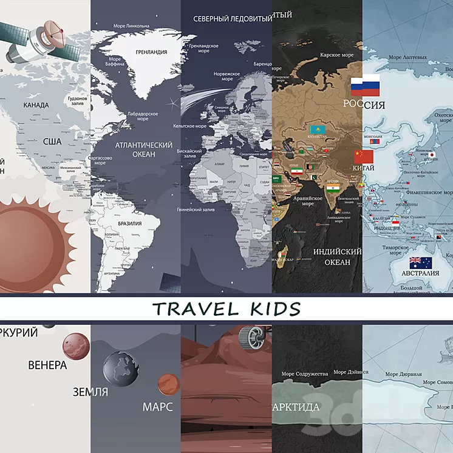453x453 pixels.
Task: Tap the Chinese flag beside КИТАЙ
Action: [364, 157]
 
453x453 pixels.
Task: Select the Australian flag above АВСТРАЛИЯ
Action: [420, 262]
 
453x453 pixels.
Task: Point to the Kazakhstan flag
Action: [317, 130]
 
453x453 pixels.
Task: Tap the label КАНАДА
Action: [36, 105]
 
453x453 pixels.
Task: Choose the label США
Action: [52, 141]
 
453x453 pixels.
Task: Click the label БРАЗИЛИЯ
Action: [130, 223]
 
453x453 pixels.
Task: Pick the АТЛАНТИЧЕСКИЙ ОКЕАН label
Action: [135, 149]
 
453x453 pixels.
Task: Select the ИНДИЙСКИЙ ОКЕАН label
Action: [338, 256]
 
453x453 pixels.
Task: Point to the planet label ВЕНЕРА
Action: [47, 366]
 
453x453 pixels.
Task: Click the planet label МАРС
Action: [158, 406]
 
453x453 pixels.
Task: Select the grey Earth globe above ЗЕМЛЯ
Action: [120, 368]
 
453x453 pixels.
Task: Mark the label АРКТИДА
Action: [296, 406]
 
